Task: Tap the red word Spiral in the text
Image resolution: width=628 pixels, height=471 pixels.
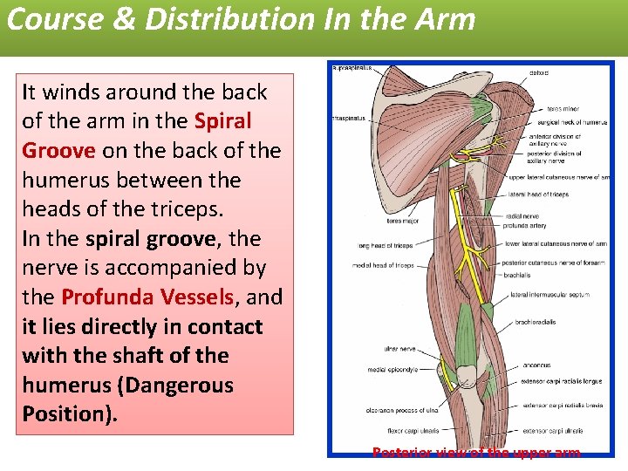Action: coord(223,120)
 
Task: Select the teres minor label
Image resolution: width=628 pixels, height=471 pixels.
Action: coord(563,109)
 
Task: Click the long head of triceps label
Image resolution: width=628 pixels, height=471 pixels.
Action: coord(384,246)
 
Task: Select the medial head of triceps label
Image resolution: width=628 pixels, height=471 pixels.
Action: coord(383,265)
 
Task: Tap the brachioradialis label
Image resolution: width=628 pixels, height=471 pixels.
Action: coord(536,322)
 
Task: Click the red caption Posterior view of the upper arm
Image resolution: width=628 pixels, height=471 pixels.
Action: coord(475,453)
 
